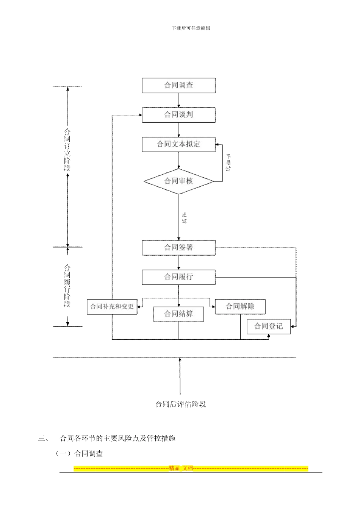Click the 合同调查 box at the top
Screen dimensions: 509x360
click(178, 86)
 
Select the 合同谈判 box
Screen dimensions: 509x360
click(178, 115)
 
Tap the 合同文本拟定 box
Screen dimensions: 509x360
click(178, 144)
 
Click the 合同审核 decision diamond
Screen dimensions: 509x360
click(178, 181)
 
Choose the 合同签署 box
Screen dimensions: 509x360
click(178, 248)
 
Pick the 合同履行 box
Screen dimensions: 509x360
click(178, 277)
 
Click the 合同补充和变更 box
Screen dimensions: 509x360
click(112, 306)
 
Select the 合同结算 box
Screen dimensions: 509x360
click(178, 314)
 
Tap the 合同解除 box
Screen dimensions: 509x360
click(240, 306)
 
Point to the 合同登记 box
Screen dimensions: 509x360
click(268, 326)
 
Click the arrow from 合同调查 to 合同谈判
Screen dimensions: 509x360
click(179, 100)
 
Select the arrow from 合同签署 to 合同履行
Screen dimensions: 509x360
click(179, 262)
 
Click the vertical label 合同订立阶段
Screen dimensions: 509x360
click(67, 150)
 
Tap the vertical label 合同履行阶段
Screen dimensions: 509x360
click(67, 286)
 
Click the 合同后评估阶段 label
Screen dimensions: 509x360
click(180, 404)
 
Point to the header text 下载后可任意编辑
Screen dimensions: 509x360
click(191, 28)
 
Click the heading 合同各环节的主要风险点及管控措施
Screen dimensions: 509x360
click(117, 439)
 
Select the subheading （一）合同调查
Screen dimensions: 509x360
click(79, 453)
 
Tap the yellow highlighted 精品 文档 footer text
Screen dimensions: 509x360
click(181, 468)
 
